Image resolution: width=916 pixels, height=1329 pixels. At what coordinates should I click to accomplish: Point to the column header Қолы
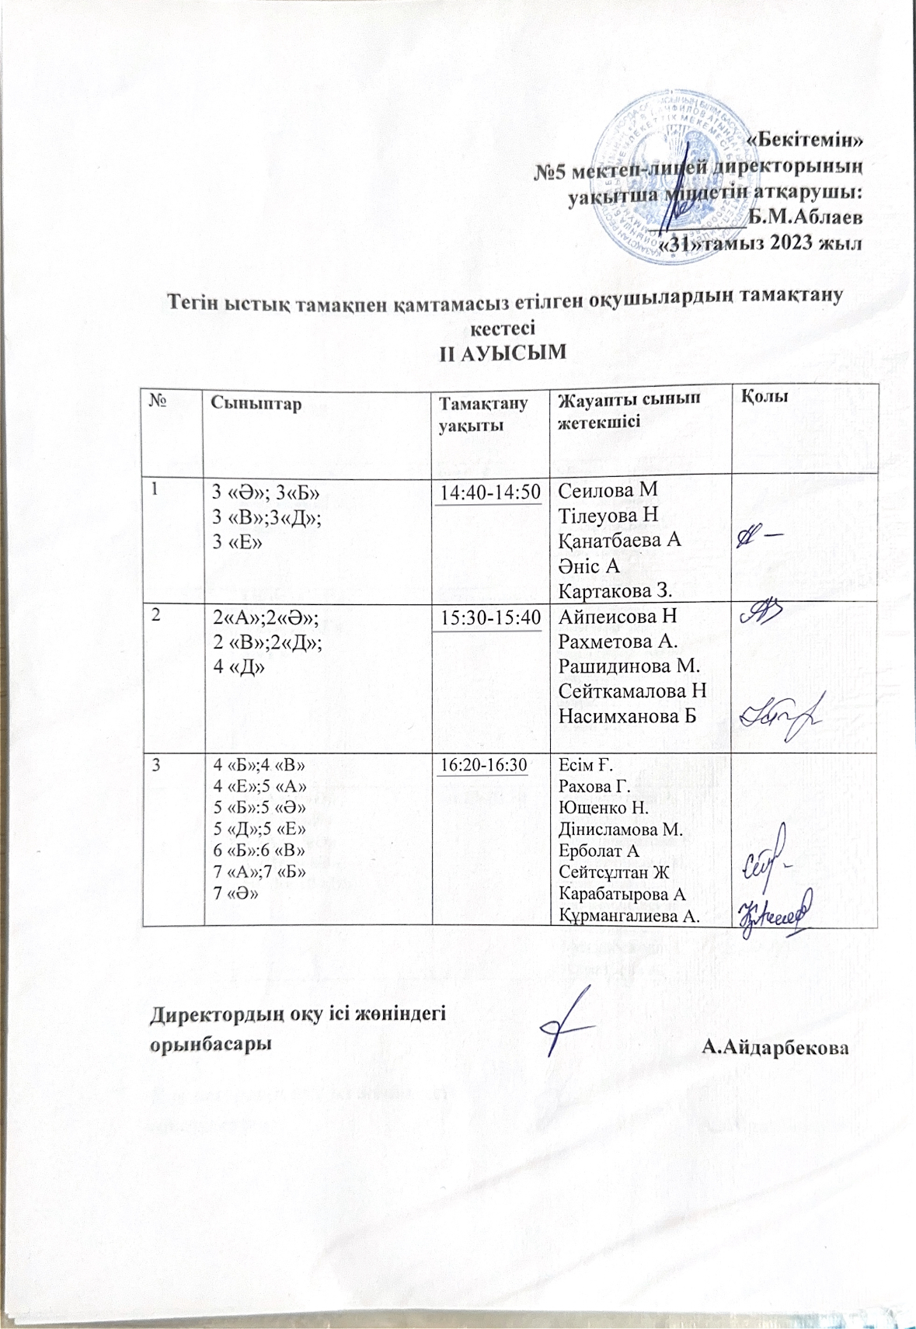765,397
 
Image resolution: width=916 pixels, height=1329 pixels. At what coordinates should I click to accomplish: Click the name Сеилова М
608,490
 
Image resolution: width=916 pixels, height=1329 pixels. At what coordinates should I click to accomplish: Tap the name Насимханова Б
626,715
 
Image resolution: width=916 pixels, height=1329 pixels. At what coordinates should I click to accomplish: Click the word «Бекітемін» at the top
804,141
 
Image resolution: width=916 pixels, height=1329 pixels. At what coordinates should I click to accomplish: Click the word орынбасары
211,1044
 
